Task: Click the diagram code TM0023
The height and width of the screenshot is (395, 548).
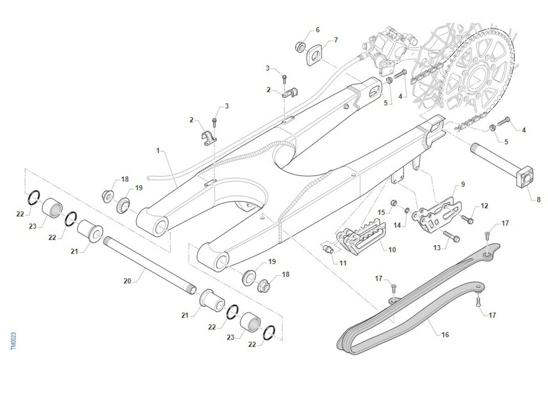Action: [x=13, y=341]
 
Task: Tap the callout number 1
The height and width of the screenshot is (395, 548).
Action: [x=158, y=150]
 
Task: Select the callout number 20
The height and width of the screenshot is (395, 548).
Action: [x=127, y=281]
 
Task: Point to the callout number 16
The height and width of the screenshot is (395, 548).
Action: [x=445, y=335]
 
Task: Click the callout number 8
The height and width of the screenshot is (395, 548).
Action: [x=539, y=200]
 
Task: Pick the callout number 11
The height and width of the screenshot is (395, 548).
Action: [x=343, y=263]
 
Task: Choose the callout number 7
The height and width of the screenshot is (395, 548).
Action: [x=336, y=40]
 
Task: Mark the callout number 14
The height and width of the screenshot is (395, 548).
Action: [x=397, y=225]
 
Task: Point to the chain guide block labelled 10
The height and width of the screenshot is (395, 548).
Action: [x=361, y=237]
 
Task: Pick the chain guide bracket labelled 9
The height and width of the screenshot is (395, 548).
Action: [x=437, y=215]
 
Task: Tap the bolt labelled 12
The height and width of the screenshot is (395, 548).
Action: [x=467, y=219]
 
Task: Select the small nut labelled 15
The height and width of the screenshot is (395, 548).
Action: [x=394, y=203]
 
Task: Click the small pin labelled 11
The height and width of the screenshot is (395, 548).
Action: [x=328, y=249]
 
